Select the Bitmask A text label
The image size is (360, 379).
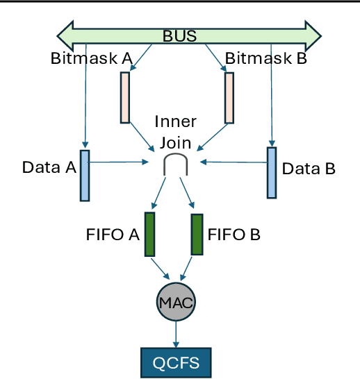pos(91,58)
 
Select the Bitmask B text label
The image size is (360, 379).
pos(265,58)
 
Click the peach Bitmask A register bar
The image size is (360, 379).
pos(125,97)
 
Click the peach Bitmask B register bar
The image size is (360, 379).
pos(229,97)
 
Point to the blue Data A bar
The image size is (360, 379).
pos(85,175)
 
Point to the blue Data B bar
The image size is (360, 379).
pos(272,172)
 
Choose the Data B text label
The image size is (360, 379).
pos(309,168)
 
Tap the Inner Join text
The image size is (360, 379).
pos(174,131)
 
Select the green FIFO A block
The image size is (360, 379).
pos(149,234)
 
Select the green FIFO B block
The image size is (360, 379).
pos(197,234)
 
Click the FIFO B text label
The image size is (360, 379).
pos(234,235)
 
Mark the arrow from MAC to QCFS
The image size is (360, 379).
pos(176,335)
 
